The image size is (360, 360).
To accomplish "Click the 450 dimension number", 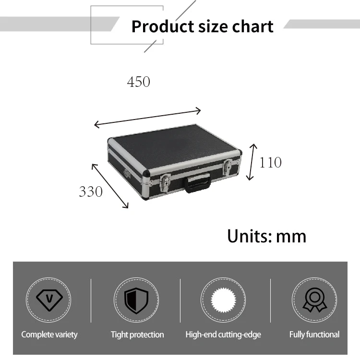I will click(x=138, y=82).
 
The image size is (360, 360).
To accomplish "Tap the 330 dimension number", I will click(x=91, y=192).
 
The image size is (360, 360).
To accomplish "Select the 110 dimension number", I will click(x=270, y=162).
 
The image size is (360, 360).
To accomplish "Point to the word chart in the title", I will click(x=252, y=26).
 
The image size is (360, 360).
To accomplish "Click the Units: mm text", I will click(x=266, y=236).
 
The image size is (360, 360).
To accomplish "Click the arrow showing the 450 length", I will click(x=147, y=118).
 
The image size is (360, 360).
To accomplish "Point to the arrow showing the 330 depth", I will click(x=110, y=185).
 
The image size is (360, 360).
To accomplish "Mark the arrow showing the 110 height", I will click(x=252, y=161).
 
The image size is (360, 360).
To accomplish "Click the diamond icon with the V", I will click(x=49, y=300).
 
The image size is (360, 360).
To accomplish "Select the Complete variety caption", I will click(x=49, y=335).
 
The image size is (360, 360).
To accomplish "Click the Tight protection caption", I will click(x=137, y=335).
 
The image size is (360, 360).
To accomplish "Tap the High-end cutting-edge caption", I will click(x=223, y=335).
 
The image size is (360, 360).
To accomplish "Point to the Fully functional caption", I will click(x=314, y=335).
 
